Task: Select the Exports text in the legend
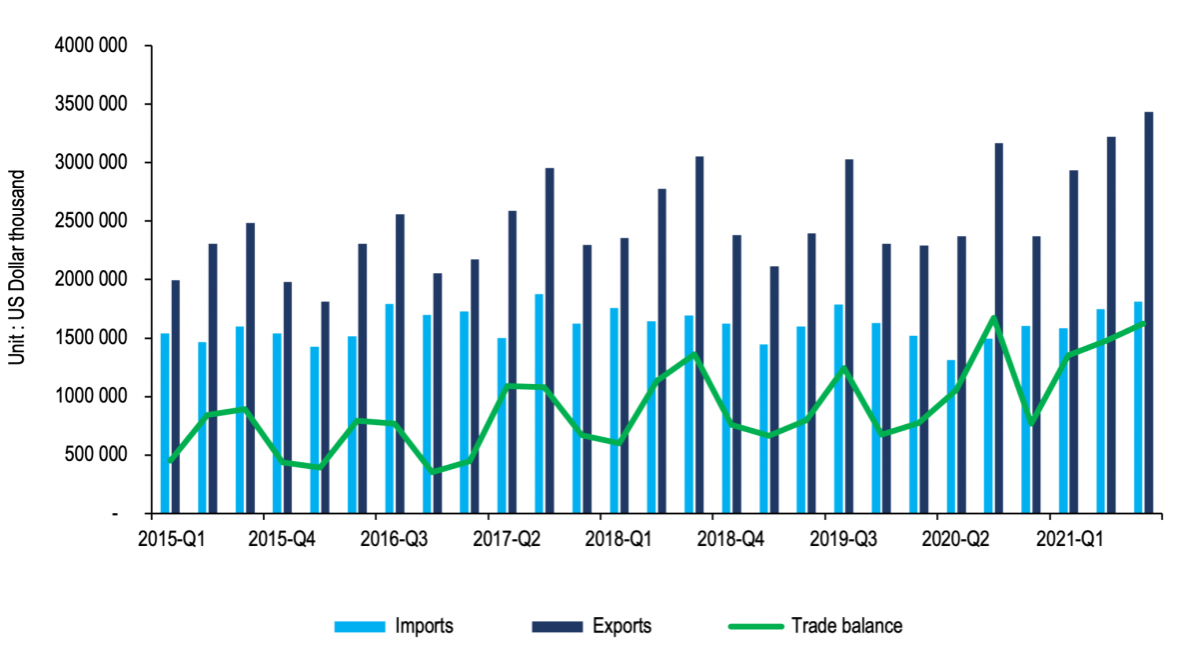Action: pos(621,627)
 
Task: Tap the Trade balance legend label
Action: pos(846,627)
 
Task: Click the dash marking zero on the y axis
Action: pos(117,514)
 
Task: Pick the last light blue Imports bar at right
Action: pos(1138,407)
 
